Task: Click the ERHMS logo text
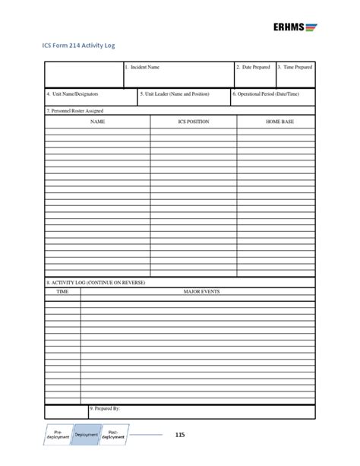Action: click(289, 27)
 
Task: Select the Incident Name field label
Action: click(143, 68)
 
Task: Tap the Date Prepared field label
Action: click(253, 68)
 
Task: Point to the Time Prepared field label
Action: click(295, 68)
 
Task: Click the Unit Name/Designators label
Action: click(71, 94)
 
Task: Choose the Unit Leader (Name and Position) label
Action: click(174, 94)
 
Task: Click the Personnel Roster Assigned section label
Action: click(74, 110)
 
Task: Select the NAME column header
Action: click(97, 121)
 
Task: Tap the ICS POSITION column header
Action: click(193, 121)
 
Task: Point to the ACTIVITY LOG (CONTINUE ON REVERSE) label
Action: click(95, 282)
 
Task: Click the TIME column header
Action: click(62, 290)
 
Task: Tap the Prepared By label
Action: click(105, 408)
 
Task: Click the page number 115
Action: click(179, 436)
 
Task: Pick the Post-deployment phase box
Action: click(112, 435)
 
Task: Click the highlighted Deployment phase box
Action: click(87, 435)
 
